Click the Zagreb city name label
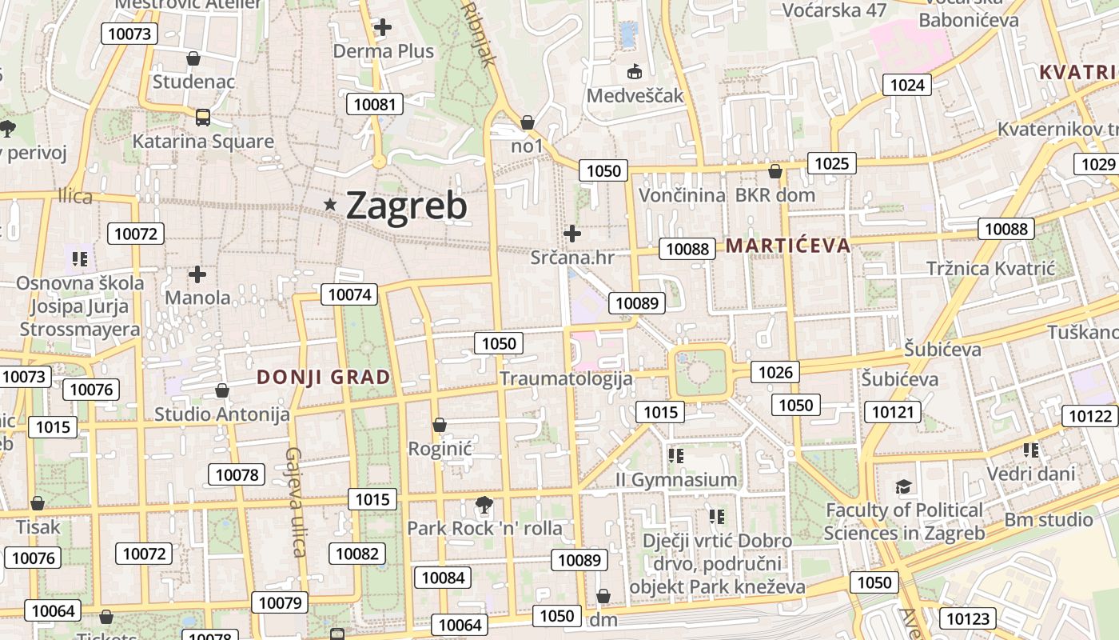(406, 206)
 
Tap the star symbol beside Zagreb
(330, 205)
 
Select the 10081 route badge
(375, 104)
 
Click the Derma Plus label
(384, 51)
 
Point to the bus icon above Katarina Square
(203, 118)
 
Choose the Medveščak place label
(635, 96)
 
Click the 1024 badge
(907, 85)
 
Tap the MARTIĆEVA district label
(788, 246)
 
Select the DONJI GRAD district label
(324, 378)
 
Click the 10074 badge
(350, 294)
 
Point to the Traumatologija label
(566, 378)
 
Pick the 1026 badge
(775, 371)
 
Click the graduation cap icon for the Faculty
(903, 486)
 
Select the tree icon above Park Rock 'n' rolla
(483, 505)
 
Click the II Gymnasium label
(676, 480)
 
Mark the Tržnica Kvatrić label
(991, 268)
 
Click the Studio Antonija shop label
(221, 414)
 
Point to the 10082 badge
(357, 554)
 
